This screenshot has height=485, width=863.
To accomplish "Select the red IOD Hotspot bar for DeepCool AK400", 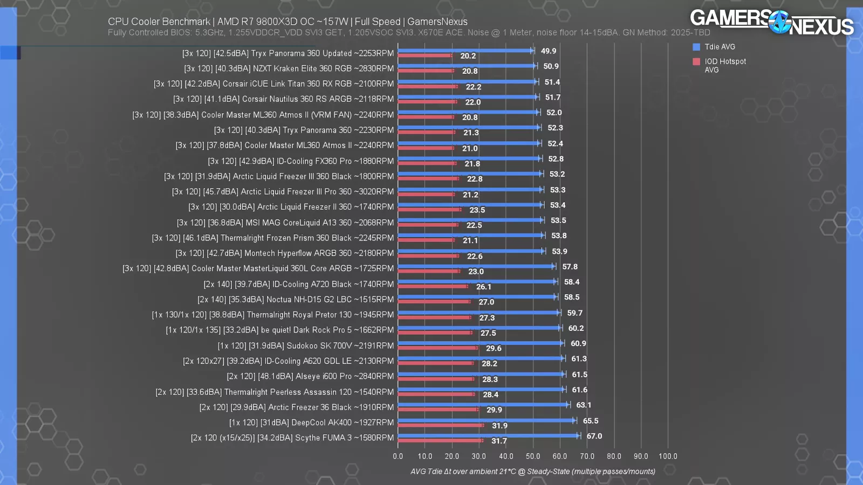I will [440, 425].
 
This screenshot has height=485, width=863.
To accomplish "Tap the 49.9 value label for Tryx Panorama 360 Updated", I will [549, 51].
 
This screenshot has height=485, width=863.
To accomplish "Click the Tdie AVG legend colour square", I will [696, 47].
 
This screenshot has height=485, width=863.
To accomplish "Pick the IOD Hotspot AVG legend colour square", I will [696, 61].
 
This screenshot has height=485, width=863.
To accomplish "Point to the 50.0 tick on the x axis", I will [533, 456].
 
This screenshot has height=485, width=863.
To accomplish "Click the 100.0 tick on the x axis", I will [668, 456].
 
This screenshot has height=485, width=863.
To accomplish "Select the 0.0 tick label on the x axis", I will [398, 456].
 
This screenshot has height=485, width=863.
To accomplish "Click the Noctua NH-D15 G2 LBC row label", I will [296, 300].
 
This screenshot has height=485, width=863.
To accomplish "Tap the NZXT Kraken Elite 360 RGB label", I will [289, 69].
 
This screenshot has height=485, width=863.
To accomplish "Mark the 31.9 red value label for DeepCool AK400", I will [499, 426].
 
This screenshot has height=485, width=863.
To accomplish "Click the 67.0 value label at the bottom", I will [594, 436].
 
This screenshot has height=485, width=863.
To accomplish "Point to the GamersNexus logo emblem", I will [779, 23].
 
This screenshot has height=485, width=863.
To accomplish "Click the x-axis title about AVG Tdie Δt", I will [533, 472].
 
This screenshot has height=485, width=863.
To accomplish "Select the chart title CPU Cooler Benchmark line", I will [287, 22].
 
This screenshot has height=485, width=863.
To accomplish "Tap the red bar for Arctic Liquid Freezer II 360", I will [429, 210].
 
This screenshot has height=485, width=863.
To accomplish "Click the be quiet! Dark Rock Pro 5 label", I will [279, 330].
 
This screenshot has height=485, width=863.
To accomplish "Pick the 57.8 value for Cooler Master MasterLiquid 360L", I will [570, 267].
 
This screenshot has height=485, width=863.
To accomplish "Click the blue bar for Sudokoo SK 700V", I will [480, 343].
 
